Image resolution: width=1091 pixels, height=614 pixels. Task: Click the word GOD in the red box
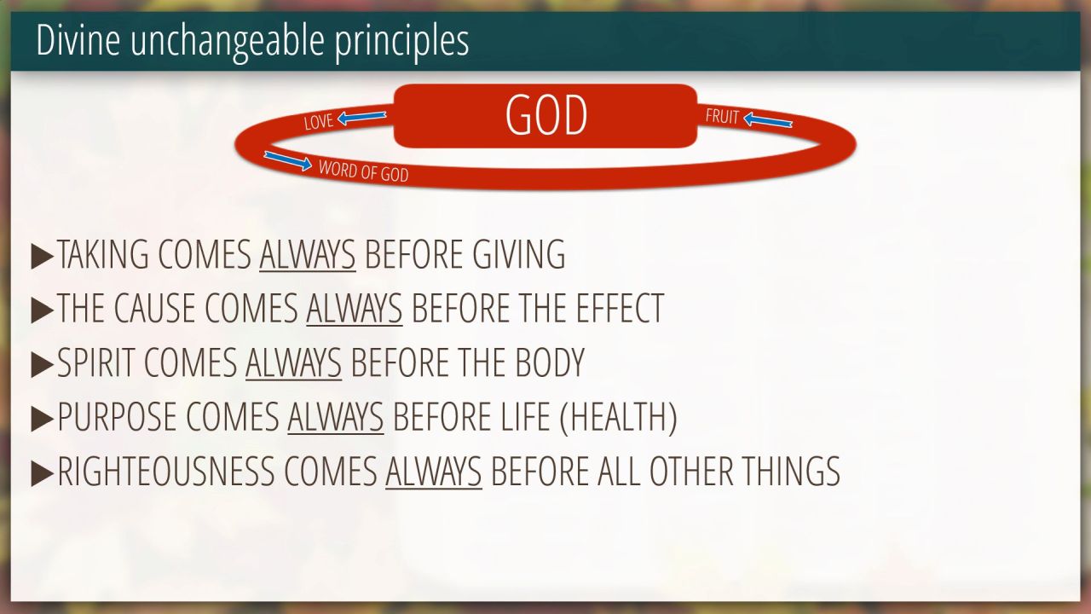pos(546,115)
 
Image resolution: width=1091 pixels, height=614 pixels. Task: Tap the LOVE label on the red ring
pos(319,122)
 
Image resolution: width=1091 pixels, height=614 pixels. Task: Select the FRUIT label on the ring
pos(722,117)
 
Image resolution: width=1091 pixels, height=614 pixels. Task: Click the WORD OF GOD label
pos(363,171)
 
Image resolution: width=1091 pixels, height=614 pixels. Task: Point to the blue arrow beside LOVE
pos(362,117)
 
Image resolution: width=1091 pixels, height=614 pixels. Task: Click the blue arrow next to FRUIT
pos(768,120)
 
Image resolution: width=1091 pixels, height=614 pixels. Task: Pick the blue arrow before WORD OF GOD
pos(288,161)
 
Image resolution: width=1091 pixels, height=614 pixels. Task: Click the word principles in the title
pos(401,40)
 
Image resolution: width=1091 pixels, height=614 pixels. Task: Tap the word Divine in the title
pos(78,39)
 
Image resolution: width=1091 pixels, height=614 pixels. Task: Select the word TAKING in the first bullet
pos(103,254)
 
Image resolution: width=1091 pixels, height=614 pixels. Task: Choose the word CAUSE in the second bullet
pos(154,308)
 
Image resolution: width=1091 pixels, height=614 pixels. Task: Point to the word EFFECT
pos(620,308)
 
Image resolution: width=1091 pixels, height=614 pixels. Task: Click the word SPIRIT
pos(96,362)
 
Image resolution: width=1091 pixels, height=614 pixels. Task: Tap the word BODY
pos(550,362)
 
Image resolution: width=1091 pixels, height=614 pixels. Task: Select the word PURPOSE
pos(117,417)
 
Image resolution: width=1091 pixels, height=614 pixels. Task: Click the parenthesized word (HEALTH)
pos(618,418)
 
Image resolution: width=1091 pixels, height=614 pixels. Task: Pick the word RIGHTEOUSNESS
pos(166,472)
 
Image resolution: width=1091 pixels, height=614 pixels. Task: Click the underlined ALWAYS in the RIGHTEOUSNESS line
pos(434,472)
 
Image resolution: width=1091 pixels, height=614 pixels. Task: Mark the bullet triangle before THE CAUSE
pos(42,310)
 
